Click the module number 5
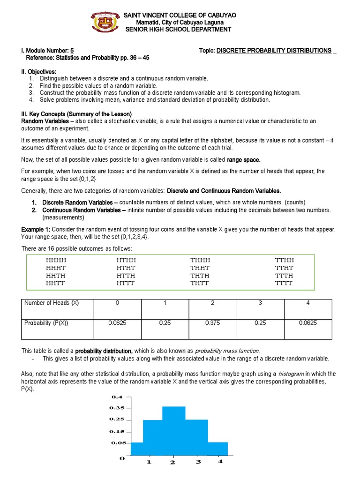coord(72,51)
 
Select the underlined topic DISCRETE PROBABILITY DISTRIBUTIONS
coord(274,51)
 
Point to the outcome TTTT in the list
coord(284,283)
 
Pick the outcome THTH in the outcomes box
coord(200,276)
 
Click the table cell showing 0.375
coord(212,322)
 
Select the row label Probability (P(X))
coord(46,322)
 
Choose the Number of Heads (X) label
coord(52,303)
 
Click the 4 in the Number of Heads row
coord(307,303)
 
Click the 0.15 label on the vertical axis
coord(118,431)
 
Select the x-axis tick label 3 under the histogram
coord(198,462)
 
